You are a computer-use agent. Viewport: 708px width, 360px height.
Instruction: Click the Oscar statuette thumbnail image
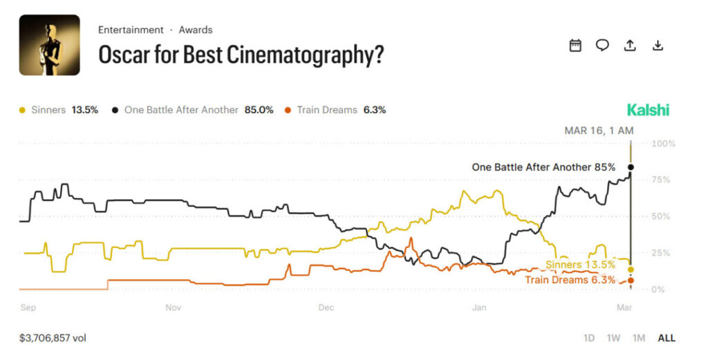click(49, 45)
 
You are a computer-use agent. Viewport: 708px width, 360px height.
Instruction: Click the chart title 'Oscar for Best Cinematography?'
click(241, 55)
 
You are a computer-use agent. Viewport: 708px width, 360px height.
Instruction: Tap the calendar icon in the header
click(575, 46)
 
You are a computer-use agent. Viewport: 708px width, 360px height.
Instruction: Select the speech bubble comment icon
click(602, 46)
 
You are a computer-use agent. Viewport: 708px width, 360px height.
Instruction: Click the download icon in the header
click(658, 46)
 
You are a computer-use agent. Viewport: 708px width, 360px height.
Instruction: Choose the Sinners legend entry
click(59, 110)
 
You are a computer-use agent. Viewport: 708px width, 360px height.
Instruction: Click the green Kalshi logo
click(648, 110)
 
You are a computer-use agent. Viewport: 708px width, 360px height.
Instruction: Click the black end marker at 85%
click(631, 167)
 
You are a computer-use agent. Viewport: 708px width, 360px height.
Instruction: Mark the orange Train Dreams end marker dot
click(631, 280)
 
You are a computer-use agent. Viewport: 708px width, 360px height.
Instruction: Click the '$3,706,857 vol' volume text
click(53, 338)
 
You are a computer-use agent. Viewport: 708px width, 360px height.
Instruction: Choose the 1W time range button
click(613, 338)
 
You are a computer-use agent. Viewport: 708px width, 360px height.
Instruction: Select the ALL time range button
click(667, 338)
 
